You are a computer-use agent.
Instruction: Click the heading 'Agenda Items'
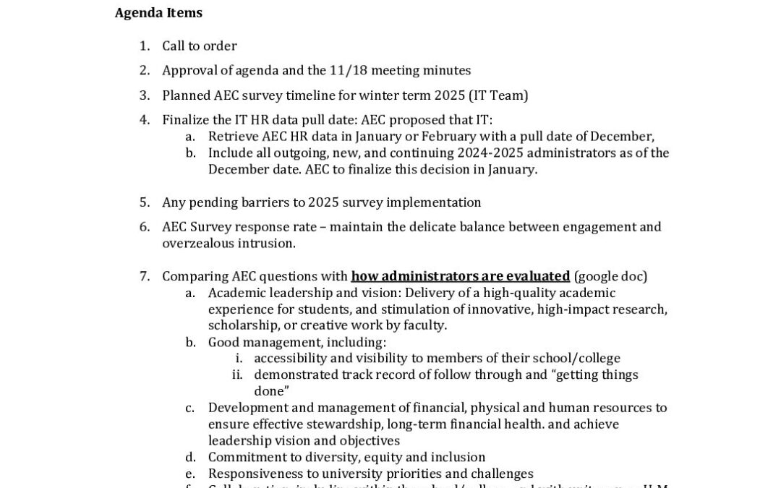[x=158, y=13]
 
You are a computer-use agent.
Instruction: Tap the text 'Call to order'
[x=199, y=46]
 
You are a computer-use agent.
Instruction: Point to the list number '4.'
[x=145, y=120]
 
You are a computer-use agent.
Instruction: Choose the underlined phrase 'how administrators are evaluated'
[x=460, y=276]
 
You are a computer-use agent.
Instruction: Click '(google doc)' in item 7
[x=610, y=276]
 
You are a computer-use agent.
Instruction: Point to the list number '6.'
[x=145, y=227]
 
